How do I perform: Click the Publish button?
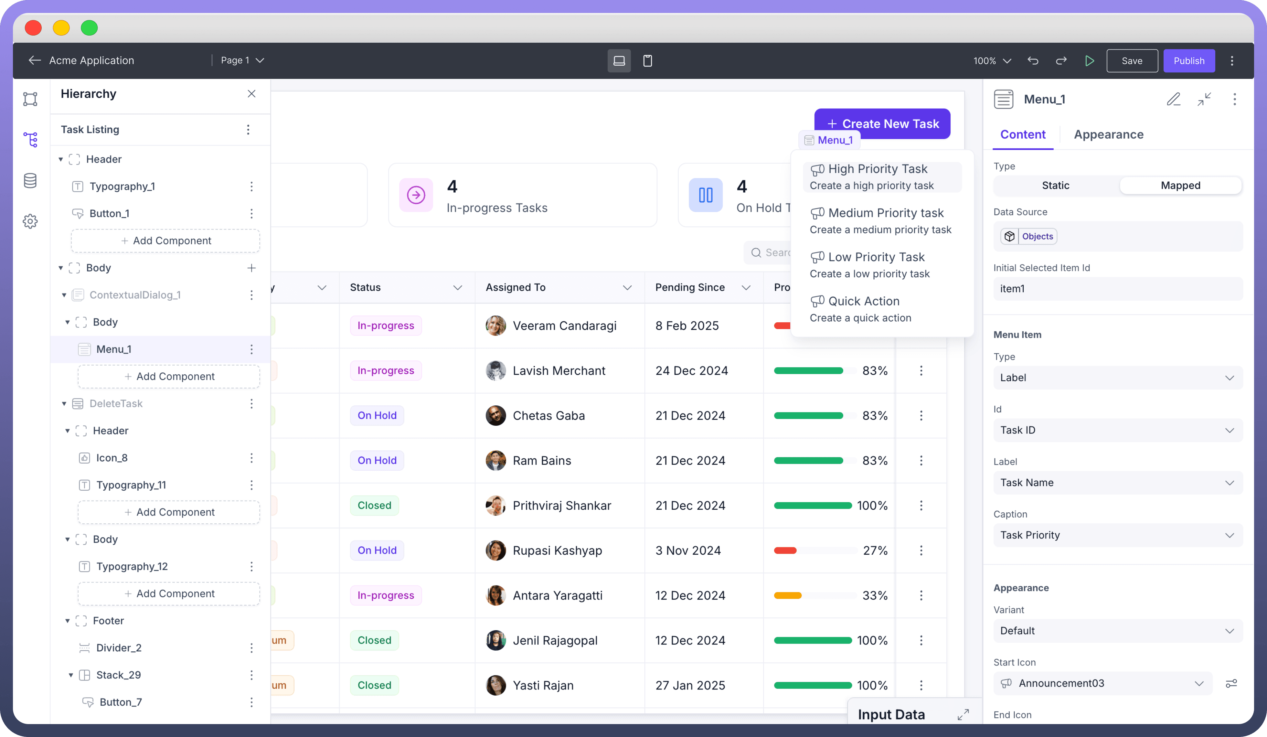1188,61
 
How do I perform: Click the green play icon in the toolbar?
1090,61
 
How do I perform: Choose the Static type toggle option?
1055,186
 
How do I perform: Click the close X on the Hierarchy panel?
251,94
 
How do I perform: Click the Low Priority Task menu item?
876,257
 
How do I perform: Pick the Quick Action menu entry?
864,301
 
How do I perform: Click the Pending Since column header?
690,288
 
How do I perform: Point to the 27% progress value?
875,550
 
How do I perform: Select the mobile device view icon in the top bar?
648,61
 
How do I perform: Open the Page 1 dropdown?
243,60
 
